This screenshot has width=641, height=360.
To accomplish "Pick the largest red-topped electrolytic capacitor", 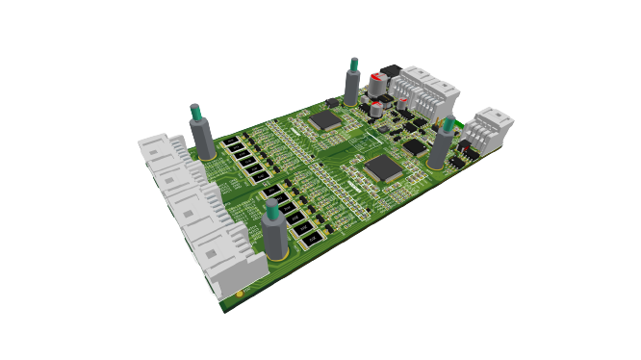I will [x=376, y=86].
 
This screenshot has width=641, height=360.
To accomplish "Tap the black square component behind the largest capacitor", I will [x=390, y=71].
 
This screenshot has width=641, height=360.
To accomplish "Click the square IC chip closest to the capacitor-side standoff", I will [x=324, y=119].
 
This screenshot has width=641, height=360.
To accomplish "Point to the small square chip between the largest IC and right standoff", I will [x=413, y=146].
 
